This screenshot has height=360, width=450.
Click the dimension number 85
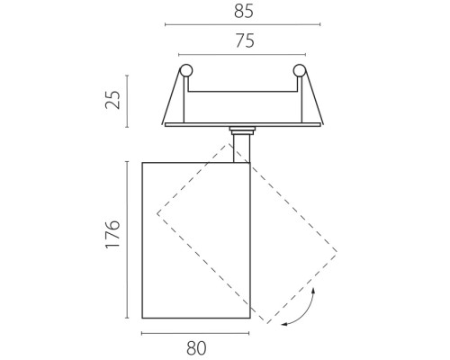click(244, 12)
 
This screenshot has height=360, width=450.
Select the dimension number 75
click(245, 40)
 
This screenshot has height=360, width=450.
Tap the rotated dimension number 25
click(112, 99)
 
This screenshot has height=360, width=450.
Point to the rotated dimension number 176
click(112, 234)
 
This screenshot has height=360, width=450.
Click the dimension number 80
click(196, 348)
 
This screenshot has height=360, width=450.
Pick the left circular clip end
click(185, 70)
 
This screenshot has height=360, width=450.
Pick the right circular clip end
click(299, 70)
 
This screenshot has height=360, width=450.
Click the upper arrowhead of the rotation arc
click(313, 291)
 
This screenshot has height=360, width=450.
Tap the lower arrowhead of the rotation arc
click(284, 324)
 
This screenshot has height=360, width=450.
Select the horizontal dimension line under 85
click(243, 24)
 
